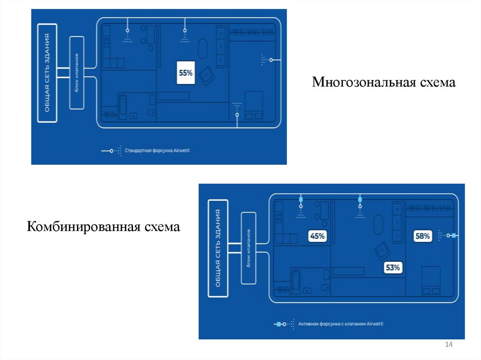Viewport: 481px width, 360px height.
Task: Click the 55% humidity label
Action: coord(186,73)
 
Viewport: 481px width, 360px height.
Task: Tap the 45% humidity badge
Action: coord(317,236)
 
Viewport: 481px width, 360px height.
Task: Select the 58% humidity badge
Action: coord(422,236)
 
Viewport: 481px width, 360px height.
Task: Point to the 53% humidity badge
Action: coord(392,268)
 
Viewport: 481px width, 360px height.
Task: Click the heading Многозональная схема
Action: coord(384,83)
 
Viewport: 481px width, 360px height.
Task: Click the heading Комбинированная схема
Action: coord(104,227)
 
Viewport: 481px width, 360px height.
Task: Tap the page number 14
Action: coord(448,345)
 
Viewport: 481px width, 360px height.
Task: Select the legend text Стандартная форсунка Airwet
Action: coord(159,151)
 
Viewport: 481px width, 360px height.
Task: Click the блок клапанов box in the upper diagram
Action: coord(77,73)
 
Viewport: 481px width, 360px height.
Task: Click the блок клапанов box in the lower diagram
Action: coord(248,248)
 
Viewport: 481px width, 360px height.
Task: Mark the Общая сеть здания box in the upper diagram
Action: coord(47,73)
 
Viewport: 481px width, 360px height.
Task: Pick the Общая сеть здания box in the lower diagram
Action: coord(218,248)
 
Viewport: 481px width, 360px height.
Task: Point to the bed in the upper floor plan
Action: coord(254,105)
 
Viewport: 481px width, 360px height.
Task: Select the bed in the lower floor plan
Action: coord(431,280)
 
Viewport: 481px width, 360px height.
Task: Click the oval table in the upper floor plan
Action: coord(202,48)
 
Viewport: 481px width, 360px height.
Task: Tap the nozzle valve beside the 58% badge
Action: coord(453,236)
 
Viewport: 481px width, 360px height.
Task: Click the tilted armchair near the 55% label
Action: coord(206,75)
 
